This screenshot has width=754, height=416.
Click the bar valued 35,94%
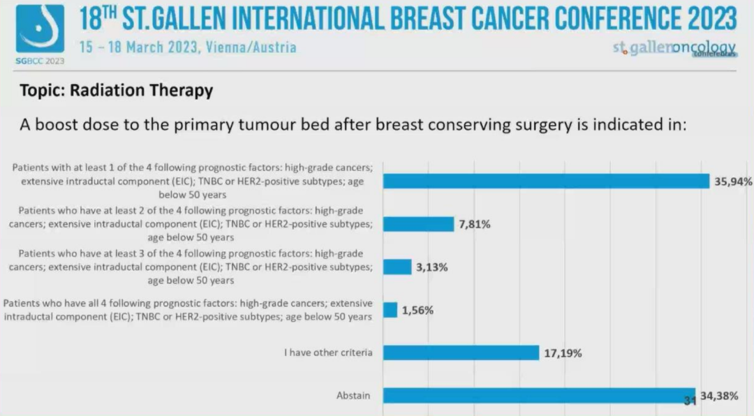[547, 181]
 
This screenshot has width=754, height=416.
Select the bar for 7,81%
[418, 224]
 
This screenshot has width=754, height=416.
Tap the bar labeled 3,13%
[397, 267]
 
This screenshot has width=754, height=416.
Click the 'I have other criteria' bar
[461, 352]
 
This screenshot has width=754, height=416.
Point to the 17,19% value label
[563, 353]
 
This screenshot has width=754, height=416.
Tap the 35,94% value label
[732, 181]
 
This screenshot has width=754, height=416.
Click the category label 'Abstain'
[353, 396]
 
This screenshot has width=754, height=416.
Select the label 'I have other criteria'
[328, 352]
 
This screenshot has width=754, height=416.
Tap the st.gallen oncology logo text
[674, 48]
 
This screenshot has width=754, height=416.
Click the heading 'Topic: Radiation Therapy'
[116, 91]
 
